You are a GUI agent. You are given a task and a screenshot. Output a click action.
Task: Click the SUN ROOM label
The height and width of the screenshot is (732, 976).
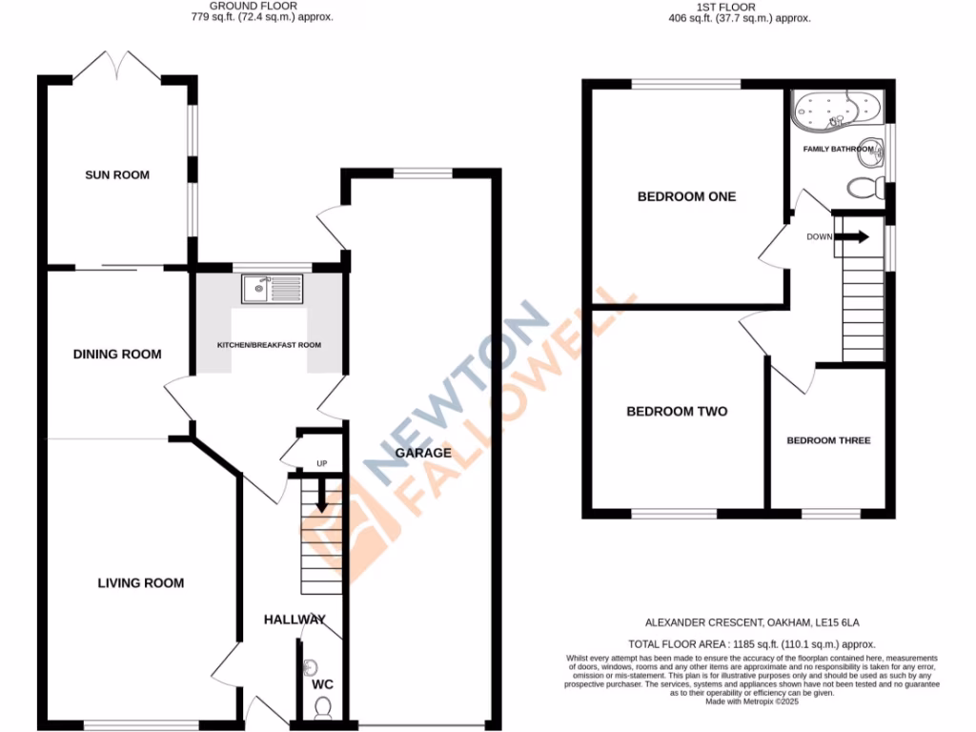pyautogui.click(x=117, y=175)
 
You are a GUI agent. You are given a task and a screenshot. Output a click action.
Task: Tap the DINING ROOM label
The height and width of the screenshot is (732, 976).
pyautogui.click(x=117, y=355)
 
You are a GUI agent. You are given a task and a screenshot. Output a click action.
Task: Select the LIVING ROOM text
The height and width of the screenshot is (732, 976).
pyautogui.click(x=140, y=583)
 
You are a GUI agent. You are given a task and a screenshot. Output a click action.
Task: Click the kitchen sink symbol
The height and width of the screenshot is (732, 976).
pyautogui.click(x=272, y=289)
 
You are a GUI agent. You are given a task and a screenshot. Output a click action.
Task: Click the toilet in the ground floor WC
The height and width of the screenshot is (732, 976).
pyautogui.click(x=322, y=706)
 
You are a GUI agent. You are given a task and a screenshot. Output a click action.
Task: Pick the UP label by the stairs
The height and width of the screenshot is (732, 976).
pyautogui.click(x=321, y=464)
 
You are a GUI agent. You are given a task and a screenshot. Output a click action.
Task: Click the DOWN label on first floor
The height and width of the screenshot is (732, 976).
pyautogui.click(x=820, y=236)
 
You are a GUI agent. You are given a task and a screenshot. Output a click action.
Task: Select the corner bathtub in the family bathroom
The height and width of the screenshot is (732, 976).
pyautogui.click(x=836, y=110)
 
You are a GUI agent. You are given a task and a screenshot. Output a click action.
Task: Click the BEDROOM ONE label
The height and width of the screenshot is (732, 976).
pyautogui.click(x=686, y=197)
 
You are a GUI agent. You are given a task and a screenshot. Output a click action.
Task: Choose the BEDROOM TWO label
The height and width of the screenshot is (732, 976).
pyautogui.click(x=677, y=412)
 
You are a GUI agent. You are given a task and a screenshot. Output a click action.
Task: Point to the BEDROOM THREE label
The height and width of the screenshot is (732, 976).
pyautogui.click(x=828, y=441)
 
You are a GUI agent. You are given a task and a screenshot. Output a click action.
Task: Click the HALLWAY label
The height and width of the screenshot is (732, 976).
pyautogui.click(x=295, y=620)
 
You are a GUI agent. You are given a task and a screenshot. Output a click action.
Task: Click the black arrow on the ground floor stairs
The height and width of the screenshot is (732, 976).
pyautogui.click(x=321, y=494)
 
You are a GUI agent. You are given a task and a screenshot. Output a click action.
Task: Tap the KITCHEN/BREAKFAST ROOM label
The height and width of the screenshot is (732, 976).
pyautogui.click(x=270, y=345)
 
